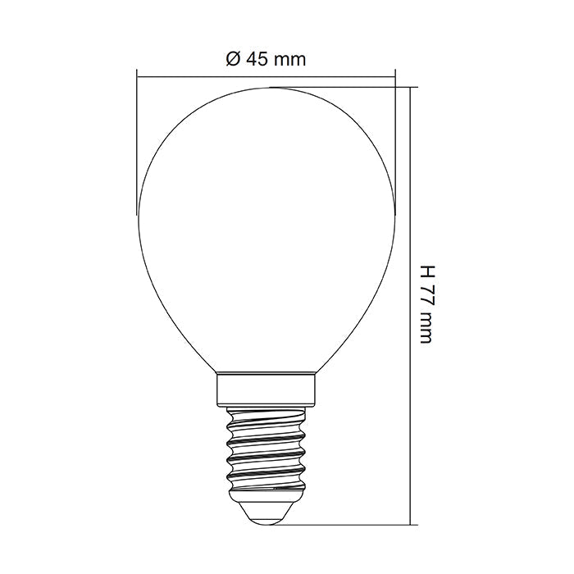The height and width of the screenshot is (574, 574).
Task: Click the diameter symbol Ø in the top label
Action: pos(231,59)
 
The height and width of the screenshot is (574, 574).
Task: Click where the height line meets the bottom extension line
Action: pos(409,524)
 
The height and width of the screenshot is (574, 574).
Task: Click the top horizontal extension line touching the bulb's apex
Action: pos(344,87)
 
